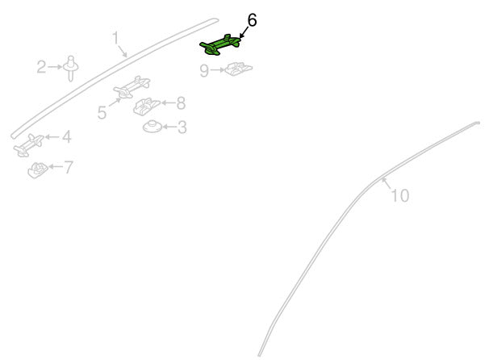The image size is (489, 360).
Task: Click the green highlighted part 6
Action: click(x=219, y=45)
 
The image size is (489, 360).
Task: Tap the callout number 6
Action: click(x=252, y=21)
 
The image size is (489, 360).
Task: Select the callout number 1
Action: click(x=115, y=38)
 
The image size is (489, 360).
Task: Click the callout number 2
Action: click(x=41, y=67)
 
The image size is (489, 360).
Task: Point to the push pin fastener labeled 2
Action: click(x=71, y=68)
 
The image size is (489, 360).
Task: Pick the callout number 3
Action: click(x=182, y=128)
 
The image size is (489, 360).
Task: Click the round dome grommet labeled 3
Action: click(x=153, y=126)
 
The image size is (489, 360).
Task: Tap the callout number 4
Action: click(x=66, y=136)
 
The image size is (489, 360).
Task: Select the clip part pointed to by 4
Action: click(x=29, y=145)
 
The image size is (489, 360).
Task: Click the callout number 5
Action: click(x=102, y=112)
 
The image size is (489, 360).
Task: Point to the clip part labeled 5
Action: click(x=132, y=86)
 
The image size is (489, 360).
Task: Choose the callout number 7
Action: click(x=69, y=167)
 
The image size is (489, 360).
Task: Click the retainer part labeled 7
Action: click(x=37, y=170)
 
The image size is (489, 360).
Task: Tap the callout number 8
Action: click(x=181, y=103)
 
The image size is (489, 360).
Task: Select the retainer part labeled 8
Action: click(x=146, y=106)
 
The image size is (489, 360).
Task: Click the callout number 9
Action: click(x=204, y=70)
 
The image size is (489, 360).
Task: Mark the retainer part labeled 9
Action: click(x=239, y=69)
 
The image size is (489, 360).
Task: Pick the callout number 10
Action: click(x=399, y=195)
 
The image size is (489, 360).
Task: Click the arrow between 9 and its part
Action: click(x=217, y=70)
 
